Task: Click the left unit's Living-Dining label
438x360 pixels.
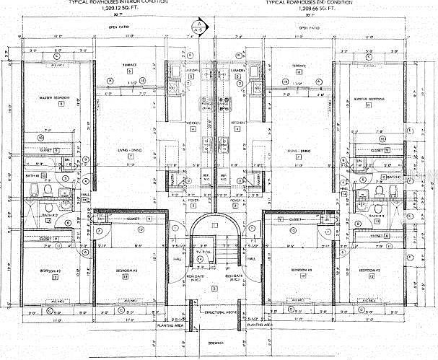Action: (130, 152)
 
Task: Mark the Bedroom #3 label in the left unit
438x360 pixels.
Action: (125, 270)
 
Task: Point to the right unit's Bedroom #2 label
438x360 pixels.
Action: (369, 270)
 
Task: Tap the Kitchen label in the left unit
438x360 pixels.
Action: (192, 123)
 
